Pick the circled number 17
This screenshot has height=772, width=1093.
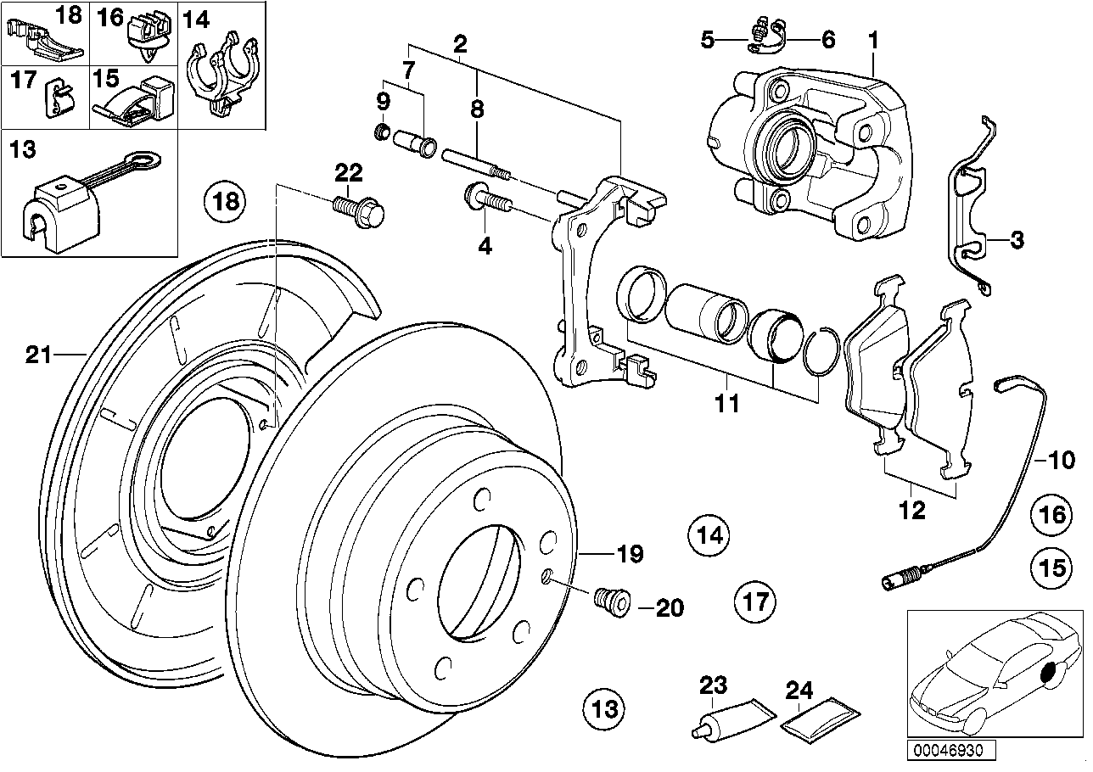(754, 602)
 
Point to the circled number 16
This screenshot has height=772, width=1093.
(1051, 514)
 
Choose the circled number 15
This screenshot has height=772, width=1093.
(1051, 567)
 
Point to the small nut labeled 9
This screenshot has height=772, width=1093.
(383, 131)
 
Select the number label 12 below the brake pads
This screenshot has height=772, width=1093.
(913, 510)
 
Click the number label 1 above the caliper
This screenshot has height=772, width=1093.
(873, 39)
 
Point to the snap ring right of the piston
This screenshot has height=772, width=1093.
(821, 350)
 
